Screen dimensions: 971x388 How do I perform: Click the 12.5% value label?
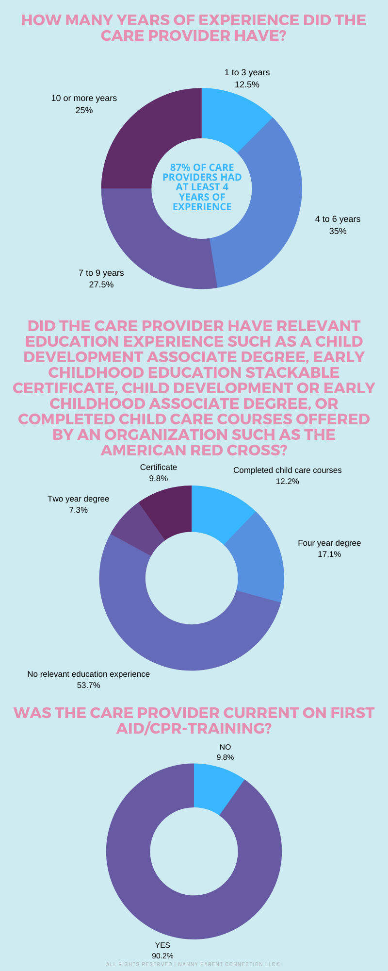click(x=247, y=84)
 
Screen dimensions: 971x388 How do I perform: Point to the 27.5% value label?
click(x=101, y=285)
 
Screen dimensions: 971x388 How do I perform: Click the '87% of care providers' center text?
click(x=202, y=187)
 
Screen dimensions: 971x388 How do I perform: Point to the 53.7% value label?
click(x=88, y=685)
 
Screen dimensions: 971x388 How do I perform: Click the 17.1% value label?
click(x=329, y=554)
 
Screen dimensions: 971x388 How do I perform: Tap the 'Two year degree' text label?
click(x=78, y=499)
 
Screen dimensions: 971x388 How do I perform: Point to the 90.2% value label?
click(x=162, y=955)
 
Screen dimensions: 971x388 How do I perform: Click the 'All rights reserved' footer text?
click(x=194, y=964)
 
